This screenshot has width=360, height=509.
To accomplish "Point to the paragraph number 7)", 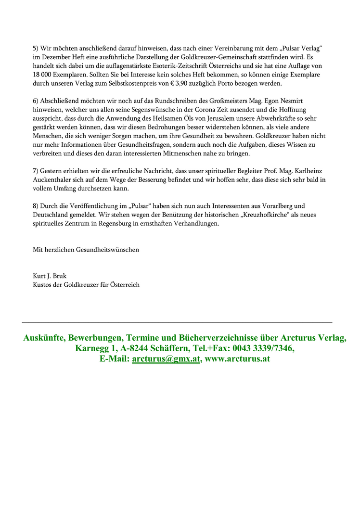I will pos(36,170).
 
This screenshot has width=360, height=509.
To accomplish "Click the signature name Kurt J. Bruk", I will pos(50,276).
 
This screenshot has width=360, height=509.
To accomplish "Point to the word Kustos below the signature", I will pos(43,284).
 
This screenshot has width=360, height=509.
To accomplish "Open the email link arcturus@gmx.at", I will pos(166,359).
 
